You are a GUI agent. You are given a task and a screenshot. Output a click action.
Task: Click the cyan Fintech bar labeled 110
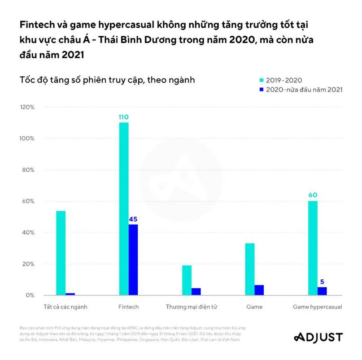tap(124, 208)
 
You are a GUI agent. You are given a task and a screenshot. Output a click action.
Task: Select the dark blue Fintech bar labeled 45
tap(133, 260)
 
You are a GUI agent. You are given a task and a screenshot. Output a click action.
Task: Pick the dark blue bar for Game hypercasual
tap(322, 291)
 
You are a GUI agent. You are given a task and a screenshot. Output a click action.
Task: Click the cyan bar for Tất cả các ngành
tap(61, 253)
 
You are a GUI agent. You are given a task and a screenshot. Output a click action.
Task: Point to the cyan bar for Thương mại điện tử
tap(187, 280)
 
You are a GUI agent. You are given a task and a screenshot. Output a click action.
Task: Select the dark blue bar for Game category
tap(259, 290)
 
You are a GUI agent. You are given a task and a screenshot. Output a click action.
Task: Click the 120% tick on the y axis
tap(26, 107)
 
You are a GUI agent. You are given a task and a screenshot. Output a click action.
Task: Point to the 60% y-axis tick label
tap(28, 201)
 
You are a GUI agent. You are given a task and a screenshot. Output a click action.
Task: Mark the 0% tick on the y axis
tap(30, 295)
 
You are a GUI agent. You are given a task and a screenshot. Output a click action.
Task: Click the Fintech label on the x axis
tap(128, 307)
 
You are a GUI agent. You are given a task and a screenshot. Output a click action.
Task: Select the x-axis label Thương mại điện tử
tap(192, 307)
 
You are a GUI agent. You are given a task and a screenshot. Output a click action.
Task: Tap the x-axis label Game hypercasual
tap(317, 307)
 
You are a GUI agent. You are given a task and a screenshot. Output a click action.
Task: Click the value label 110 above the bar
tap(124, 117)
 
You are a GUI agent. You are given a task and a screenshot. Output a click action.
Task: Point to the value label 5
tap(322, 282)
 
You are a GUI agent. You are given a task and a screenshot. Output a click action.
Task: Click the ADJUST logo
tap(318, 337)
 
